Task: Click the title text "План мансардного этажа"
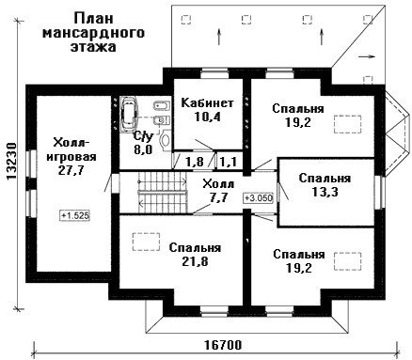[x=93, y=32]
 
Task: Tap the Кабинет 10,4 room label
[x=208, y=109]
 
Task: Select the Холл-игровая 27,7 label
[x=71, y=156]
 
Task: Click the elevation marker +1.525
[x=75, y=215]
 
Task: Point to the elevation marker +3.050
[x=259, y=198]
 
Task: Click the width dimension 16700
[x=223, y=345]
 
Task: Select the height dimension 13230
[x=12, y=162]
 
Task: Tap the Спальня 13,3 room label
[x=325, y=184]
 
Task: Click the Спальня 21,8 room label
[x=195, y=254]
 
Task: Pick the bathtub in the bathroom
[x=129, y=113]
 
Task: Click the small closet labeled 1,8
[x=195, y=161]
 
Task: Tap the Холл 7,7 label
[x=218, y=191]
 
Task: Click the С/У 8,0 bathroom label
[x=143, y=143]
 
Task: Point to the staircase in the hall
[x=163, y=192]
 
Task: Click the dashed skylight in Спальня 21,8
[x=146, y=242]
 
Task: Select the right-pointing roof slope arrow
[x=367, y=56]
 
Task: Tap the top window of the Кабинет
[x=214, y=73]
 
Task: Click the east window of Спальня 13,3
[x=380, y=192]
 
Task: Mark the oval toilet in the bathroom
[x=165, y=140]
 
